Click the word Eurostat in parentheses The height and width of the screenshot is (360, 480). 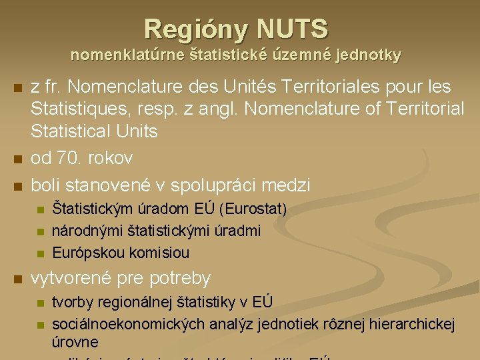click(255, 209)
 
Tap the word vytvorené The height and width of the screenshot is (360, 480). click(71, 278)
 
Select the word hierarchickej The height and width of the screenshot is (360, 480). click(411, 325)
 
